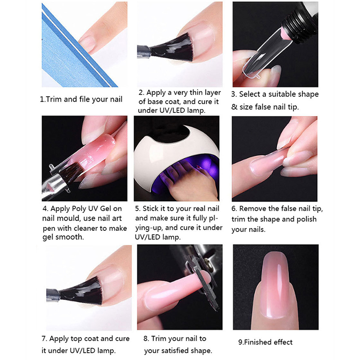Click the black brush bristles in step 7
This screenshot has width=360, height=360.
[x=83, y=290]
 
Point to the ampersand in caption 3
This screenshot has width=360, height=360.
[x=234, y=107]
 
